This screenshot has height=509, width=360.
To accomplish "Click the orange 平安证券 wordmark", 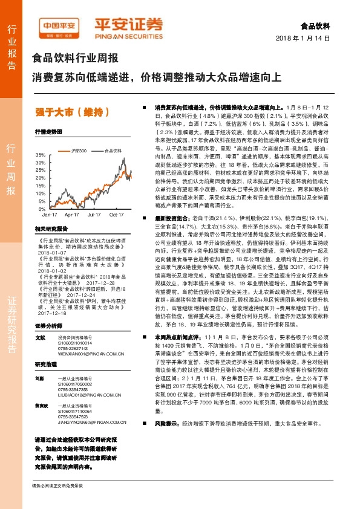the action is (x=128, y=25).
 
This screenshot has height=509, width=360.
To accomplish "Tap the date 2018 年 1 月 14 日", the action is (x=306, y=38).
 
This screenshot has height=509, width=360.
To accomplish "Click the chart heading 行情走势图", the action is (x=48, y=131).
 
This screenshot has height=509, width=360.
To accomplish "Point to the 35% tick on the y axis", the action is (x=41, y=155).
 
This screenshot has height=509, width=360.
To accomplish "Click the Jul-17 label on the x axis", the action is (x=94, y=215).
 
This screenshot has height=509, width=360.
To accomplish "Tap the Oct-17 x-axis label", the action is (x=116, y=215).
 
